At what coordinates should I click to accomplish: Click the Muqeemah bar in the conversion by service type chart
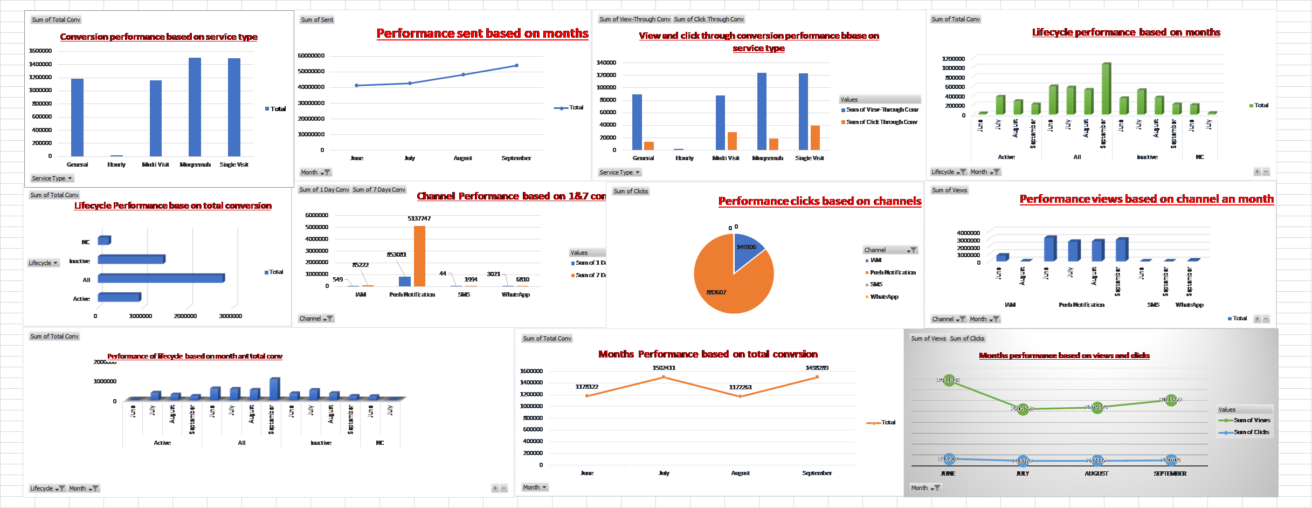(195, 107)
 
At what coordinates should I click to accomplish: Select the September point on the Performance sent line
(516, 66)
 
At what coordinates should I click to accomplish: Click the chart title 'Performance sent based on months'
(482, 33)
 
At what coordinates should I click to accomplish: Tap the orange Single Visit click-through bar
(815, 138)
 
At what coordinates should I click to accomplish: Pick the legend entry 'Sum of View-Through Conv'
(882, 109)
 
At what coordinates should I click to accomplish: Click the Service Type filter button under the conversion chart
(52, 179)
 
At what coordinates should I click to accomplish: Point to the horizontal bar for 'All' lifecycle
(161, 278)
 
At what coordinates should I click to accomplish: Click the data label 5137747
(419, 218)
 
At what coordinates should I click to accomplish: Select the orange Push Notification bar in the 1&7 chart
(419, 256)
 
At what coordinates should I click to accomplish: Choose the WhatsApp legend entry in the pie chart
(884, 297)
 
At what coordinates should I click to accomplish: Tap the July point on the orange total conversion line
(664, 377)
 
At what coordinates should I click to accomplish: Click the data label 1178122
(586, 387)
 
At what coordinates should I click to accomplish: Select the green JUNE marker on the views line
(949, 381)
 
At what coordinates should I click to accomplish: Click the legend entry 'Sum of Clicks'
(1251, 432)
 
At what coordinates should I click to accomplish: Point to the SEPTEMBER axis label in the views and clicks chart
(1170, 473)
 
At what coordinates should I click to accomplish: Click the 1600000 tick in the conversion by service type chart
(40, 51)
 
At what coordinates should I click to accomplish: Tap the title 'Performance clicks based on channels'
(819, 201)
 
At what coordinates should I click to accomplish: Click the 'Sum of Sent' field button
(317, 20)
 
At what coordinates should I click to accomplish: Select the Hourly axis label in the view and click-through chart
(685, 158)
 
